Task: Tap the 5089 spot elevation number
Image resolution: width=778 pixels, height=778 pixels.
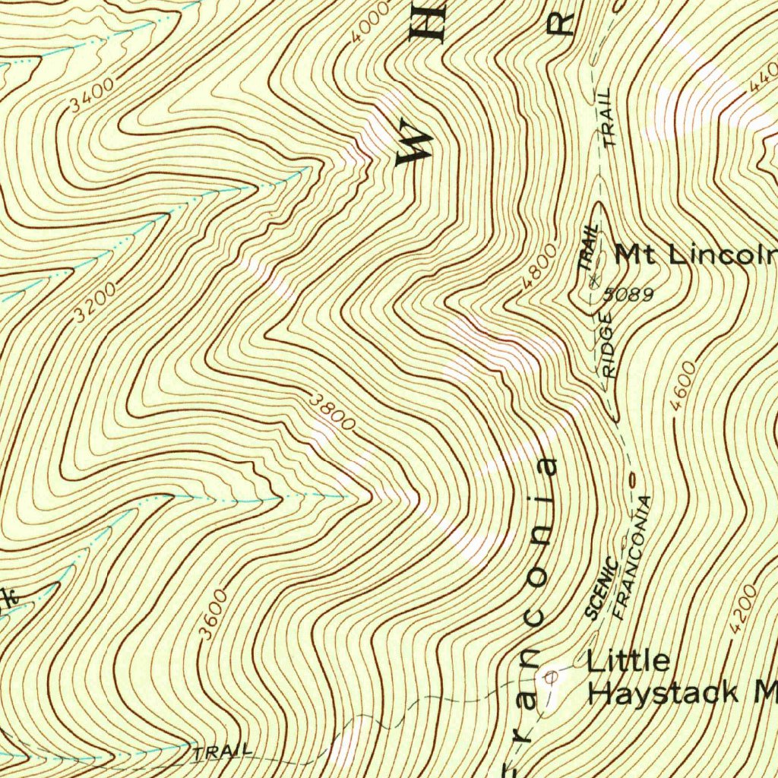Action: point(630,294)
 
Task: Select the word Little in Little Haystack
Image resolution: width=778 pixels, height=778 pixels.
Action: point(628,660)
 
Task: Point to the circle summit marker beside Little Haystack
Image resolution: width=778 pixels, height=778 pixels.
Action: point(552,673)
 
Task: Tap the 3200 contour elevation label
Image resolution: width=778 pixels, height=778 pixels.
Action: point(96,302)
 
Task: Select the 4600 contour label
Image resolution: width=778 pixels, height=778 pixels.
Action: point(684,387)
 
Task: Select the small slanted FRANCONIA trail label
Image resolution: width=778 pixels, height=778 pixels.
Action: point(632,558)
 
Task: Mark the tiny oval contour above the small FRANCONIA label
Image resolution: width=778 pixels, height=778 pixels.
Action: point(631,479)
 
